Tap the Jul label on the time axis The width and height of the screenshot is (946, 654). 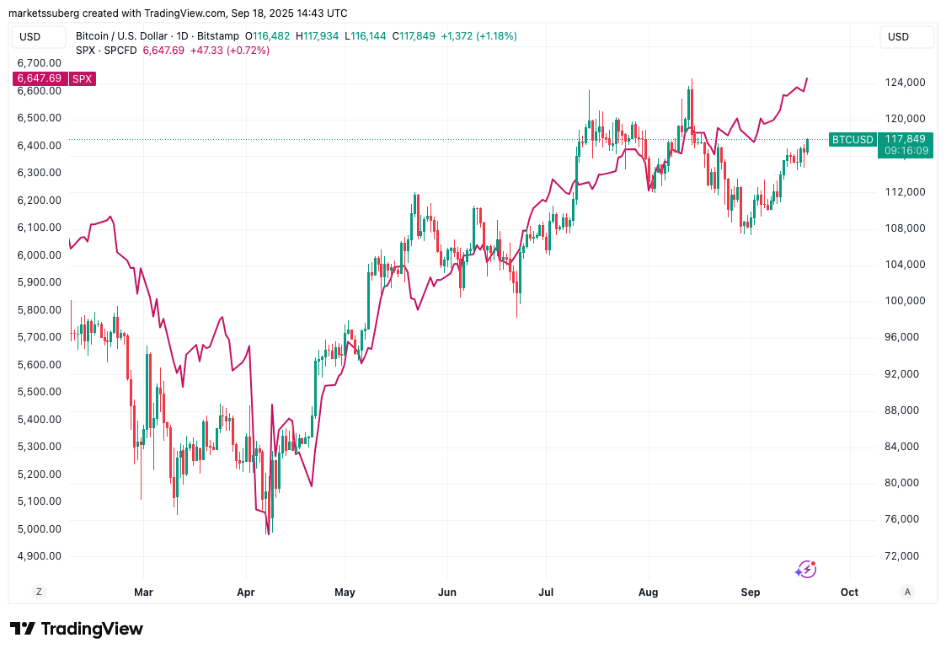tap(548, 592)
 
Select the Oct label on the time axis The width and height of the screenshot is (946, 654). tap(849, 592)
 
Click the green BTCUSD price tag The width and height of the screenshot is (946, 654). tap(852, 139)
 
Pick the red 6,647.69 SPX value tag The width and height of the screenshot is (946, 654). tap(38, 78)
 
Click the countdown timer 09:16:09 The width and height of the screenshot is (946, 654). tap(906, 151)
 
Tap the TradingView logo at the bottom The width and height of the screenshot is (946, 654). tap(77, 629)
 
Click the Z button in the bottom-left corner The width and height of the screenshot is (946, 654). tap(39, 592)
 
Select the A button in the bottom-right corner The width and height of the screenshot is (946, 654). tap(906, 592)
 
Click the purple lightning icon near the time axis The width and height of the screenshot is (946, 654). tap(805, 570)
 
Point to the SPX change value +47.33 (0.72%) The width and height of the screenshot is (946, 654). tap(230, 51)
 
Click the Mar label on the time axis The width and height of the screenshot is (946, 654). tap(144, 592)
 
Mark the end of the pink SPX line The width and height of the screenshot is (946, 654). tap(807, 78)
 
